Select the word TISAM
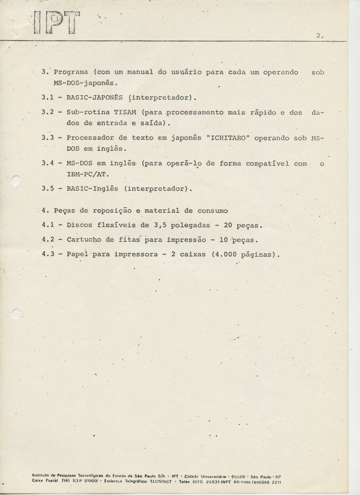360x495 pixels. coord(124,112)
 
